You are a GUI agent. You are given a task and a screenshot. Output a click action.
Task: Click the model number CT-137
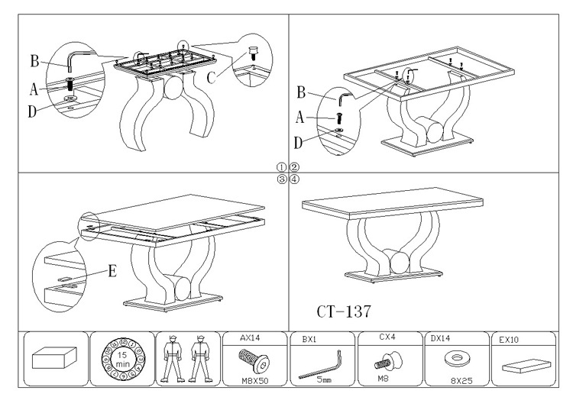[x=344, y=311]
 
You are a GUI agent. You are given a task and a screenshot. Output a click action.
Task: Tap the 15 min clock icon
[x=121, y=358]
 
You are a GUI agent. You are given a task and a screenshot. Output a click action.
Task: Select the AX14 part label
[x=250, y=337]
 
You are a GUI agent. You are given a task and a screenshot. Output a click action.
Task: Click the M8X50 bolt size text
[x=250, y=379]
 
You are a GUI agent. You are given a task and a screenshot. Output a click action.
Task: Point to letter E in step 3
[x=112, y=270]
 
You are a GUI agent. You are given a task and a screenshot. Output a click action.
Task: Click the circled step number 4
[x=293, y=179]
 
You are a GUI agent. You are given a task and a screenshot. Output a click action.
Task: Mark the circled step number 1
[x=282, y=166]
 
